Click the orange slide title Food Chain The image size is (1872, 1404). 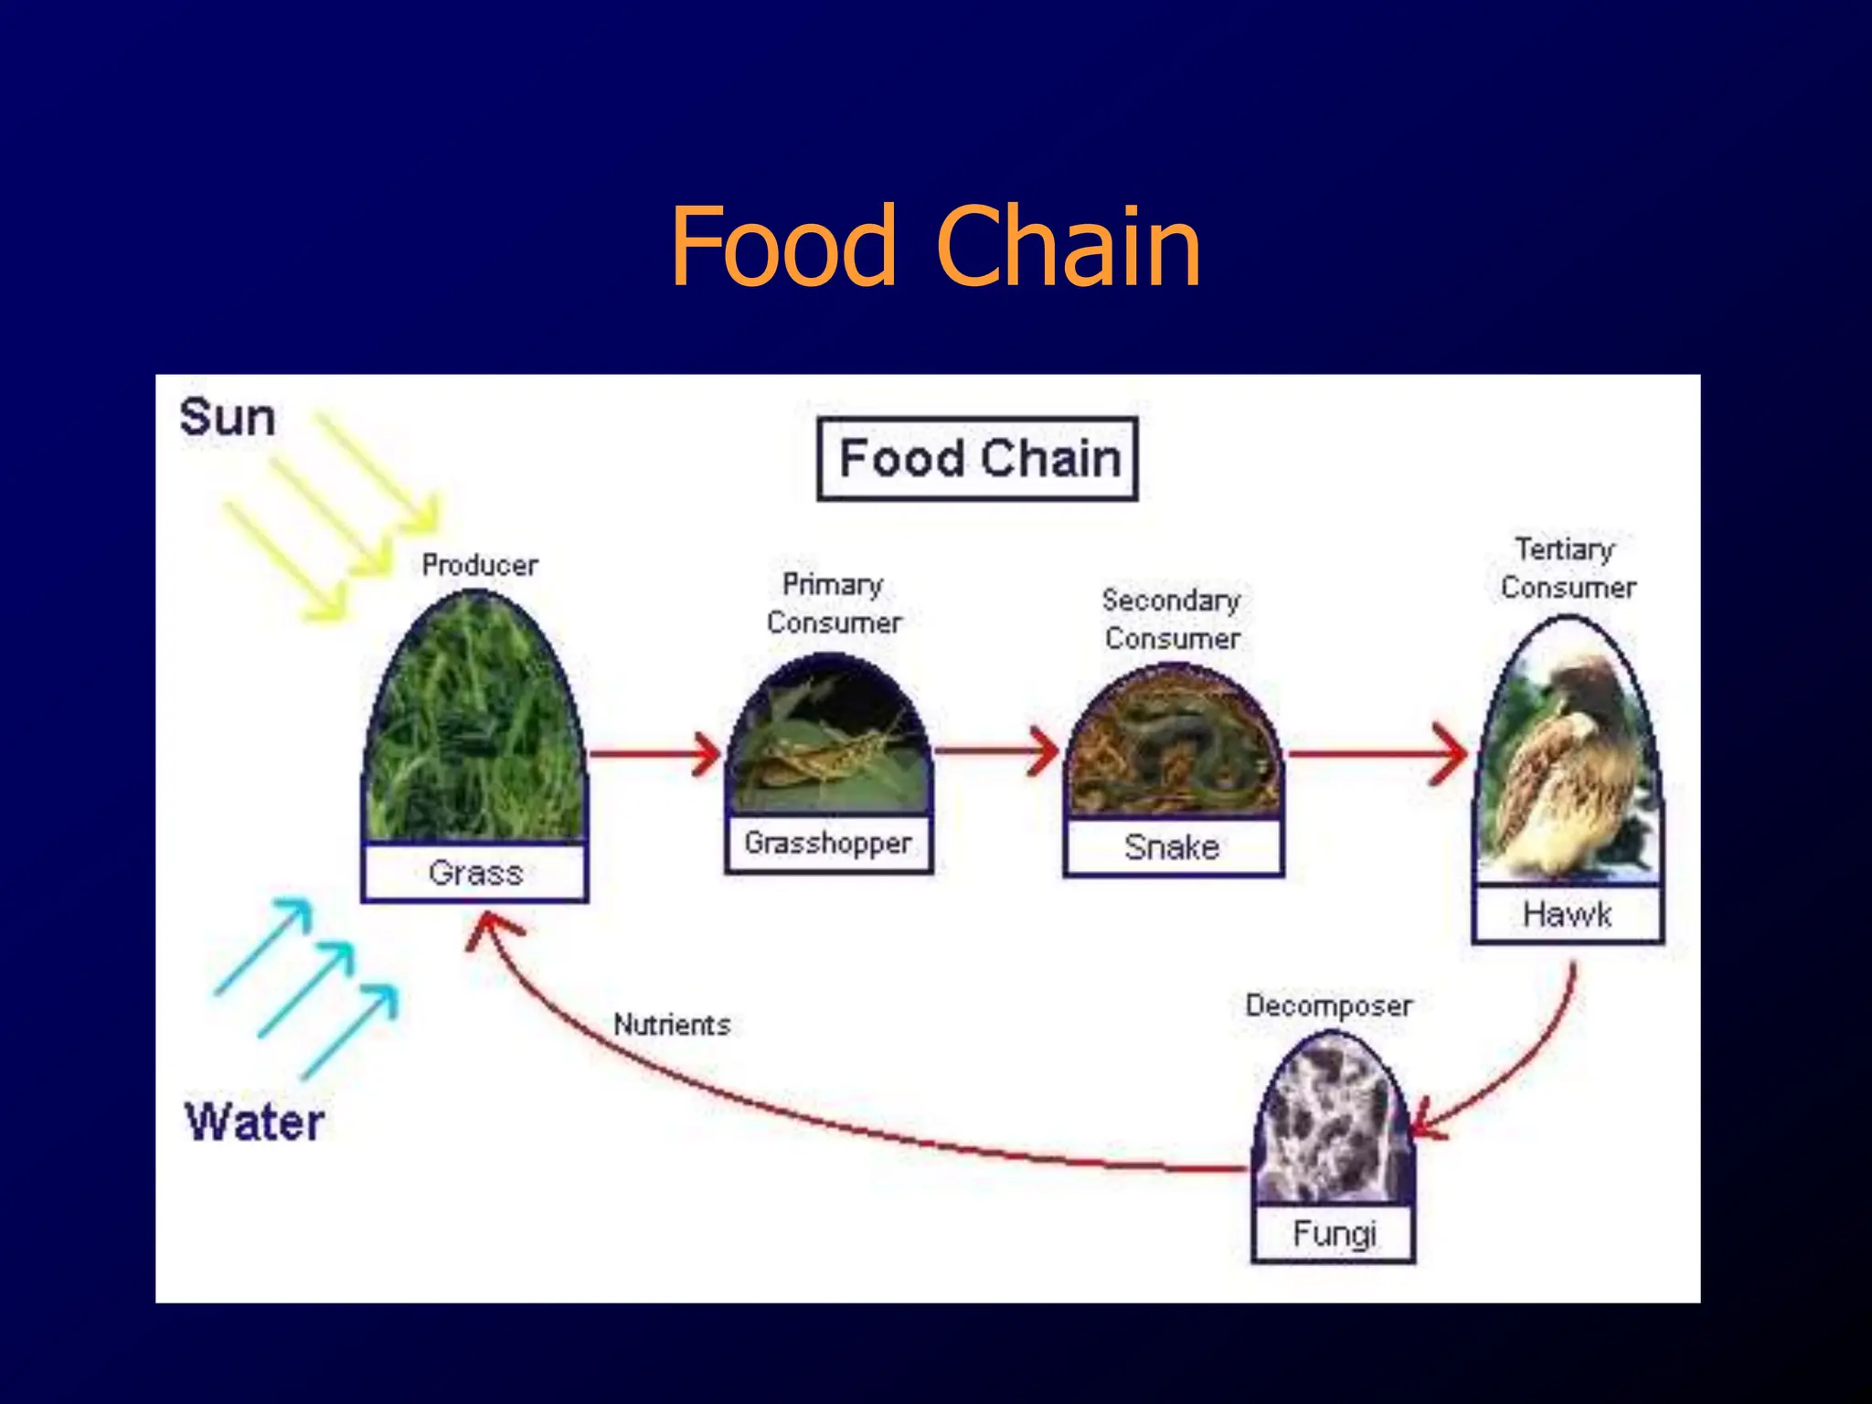tap(935, 246)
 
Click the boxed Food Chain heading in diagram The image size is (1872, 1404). tap(977, 459)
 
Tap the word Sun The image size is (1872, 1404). tap(227, 418)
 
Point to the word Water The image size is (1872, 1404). tap(255, 1122)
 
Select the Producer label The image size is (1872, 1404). tap(480, 565)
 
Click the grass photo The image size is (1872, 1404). tap(473, 722)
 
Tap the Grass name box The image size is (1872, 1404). tap(474, 873)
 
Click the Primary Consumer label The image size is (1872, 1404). tap(833, 603)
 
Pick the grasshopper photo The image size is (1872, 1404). tap(828, 740)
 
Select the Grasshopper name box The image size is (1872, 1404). tap(828, 843)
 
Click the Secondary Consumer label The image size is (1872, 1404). tap(1172, 619)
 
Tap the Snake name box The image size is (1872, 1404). tap(1173, 847)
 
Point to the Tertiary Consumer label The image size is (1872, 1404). tap(1568, 568)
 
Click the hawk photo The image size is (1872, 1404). tap(1568, 759)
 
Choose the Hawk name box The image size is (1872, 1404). tap(1568, 914)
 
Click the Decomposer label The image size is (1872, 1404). tap(1328, 1005)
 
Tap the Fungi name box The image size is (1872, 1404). tap(1334, 1234)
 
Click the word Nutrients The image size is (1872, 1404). tap(672, 1025)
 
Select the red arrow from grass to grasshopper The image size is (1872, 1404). tap(654, 753)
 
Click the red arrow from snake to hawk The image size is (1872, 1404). tap(1376, 754)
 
